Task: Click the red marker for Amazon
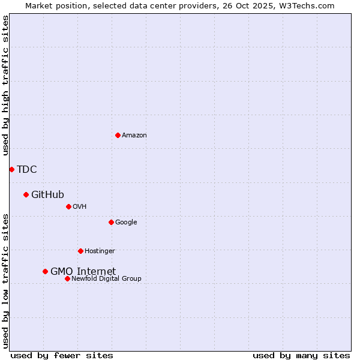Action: click(x=118, y=135)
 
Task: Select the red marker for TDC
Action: click(x=11, y=169)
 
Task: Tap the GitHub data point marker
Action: click(x=26, y=194)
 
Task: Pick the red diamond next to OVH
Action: click(x=68, y=206)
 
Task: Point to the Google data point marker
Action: click(x=111, y=222)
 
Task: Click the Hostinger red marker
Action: click(x=80, y=251)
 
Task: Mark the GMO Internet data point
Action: click(x=45, y=271)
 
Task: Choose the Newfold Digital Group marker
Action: click(x=67, y=278)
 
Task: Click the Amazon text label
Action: click(x=134, y=136)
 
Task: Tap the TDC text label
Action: click(x=27, y=169)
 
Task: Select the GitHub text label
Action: click(x=47, y=194)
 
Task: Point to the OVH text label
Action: click(x=80, y=207)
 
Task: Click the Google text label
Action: click(x=126, y=223)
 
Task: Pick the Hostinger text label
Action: click(x=100, y=251)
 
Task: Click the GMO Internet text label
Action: click(x=83, y=271)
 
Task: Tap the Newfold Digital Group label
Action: click(x=106, y=279)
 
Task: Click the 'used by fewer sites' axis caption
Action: click(x=62, y=355)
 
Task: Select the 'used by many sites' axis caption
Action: click(x=301, y=355)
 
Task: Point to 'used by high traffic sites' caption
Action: click(x=5, y=85)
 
